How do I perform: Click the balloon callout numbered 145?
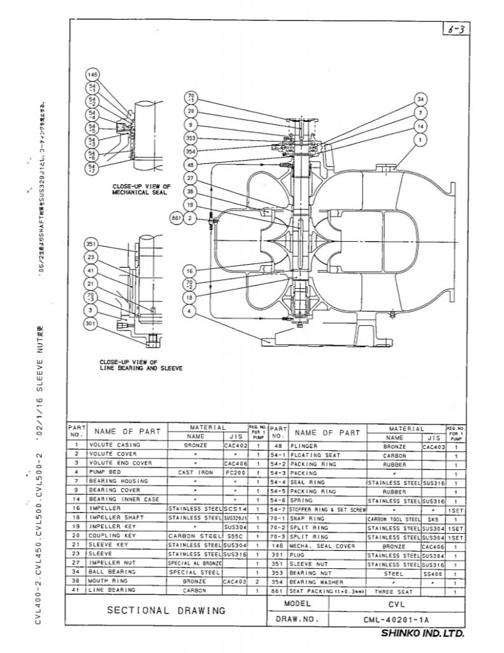(x=91, y=75)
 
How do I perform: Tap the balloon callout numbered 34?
(x=421, y=99)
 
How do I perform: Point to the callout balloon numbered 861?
(x=176, y=218)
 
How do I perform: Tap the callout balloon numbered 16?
(x=191, y=270)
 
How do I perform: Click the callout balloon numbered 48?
(x=191, y=165)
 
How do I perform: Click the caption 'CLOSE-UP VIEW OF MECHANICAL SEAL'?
(x=142, y=189)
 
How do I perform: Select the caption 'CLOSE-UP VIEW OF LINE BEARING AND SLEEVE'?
(x=141, y=365)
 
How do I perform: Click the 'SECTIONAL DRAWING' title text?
(x=166, y=610)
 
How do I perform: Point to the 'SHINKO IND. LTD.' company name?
(x=422, y=634)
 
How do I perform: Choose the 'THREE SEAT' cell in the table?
(x=394, y=592)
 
